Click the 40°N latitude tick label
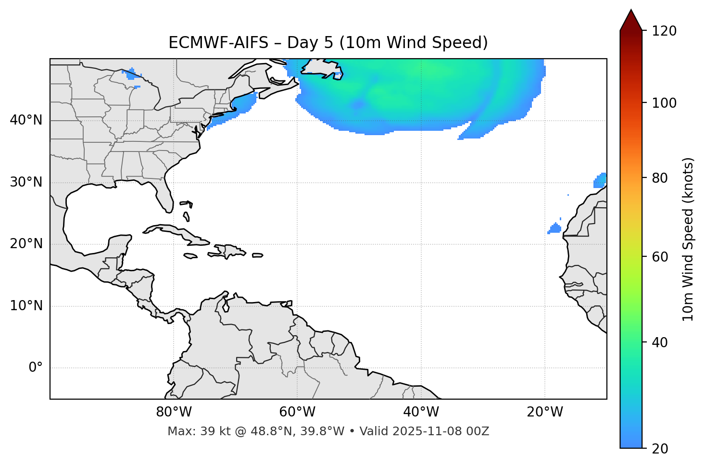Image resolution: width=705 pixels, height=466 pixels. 26,120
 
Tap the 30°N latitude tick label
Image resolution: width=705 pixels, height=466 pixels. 26,182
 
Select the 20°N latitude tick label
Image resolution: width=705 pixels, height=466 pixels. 26,244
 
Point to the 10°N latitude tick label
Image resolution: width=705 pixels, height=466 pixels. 26,306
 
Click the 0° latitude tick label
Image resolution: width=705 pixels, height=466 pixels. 36,368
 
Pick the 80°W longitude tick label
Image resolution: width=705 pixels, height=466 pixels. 174,412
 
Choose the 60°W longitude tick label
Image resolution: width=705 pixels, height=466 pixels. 297,412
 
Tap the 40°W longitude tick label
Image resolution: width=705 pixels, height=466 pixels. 421,412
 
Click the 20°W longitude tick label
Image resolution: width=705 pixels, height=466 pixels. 544,412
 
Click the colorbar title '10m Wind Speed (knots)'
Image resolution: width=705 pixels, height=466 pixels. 688,239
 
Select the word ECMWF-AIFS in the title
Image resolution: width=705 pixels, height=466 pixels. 218,43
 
